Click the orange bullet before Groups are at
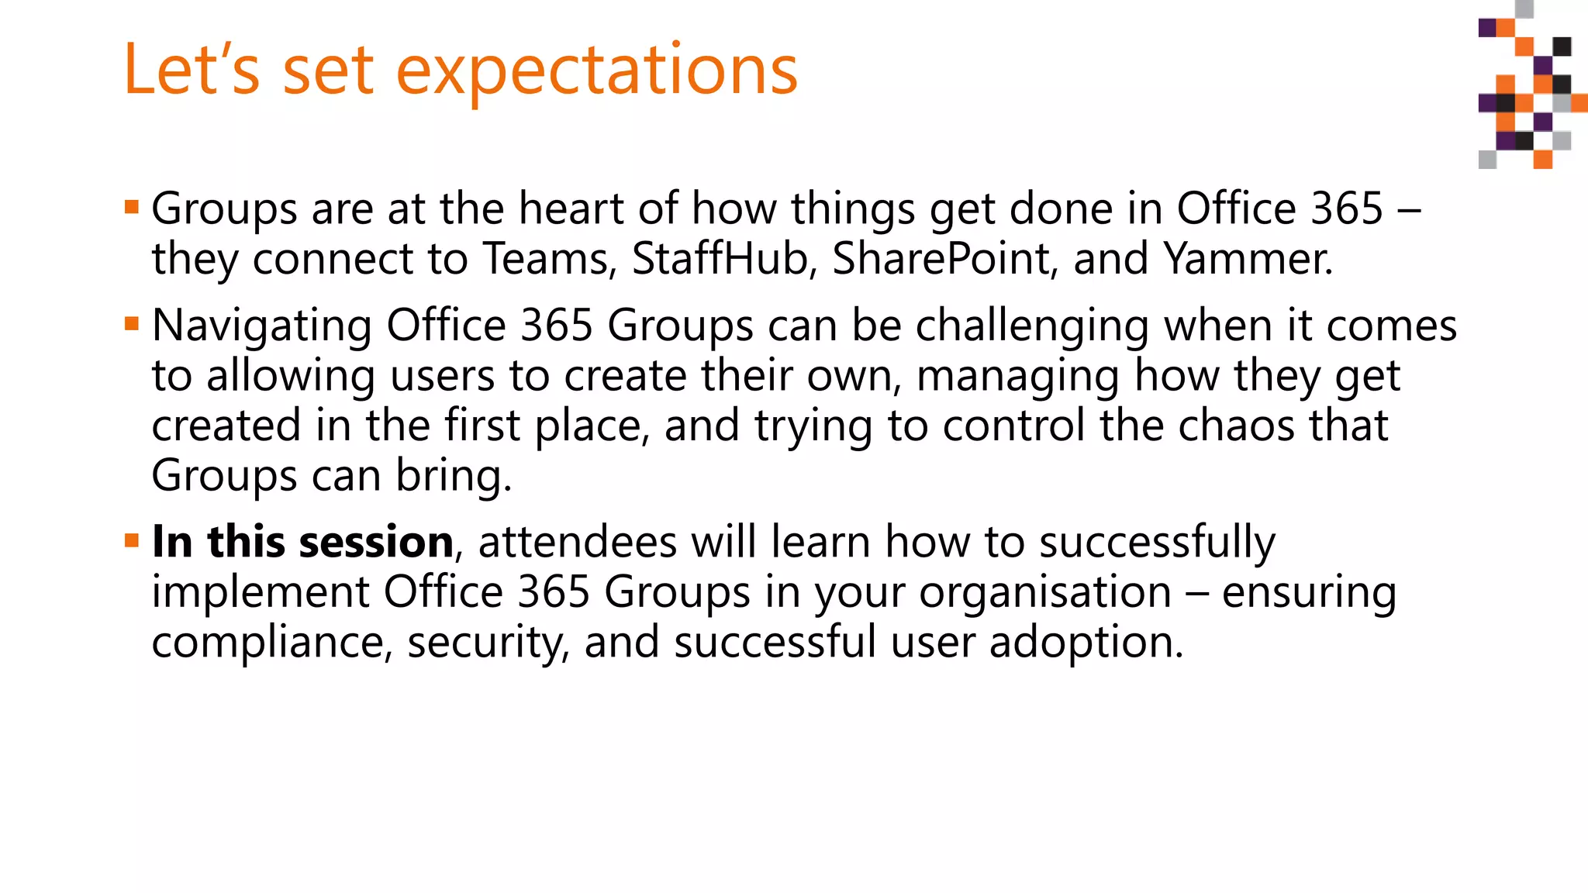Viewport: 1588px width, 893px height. [132, 207]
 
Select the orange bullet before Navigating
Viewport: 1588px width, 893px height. [132, 323]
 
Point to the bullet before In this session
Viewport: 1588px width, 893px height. [132, 540]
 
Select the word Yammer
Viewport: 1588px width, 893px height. [1248, 258]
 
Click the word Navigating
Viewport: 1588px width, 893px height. [261, 326]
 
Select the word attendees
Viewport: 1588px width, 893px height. [578, 541]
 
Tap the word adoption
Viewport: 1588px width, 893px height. [1086, 643]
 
